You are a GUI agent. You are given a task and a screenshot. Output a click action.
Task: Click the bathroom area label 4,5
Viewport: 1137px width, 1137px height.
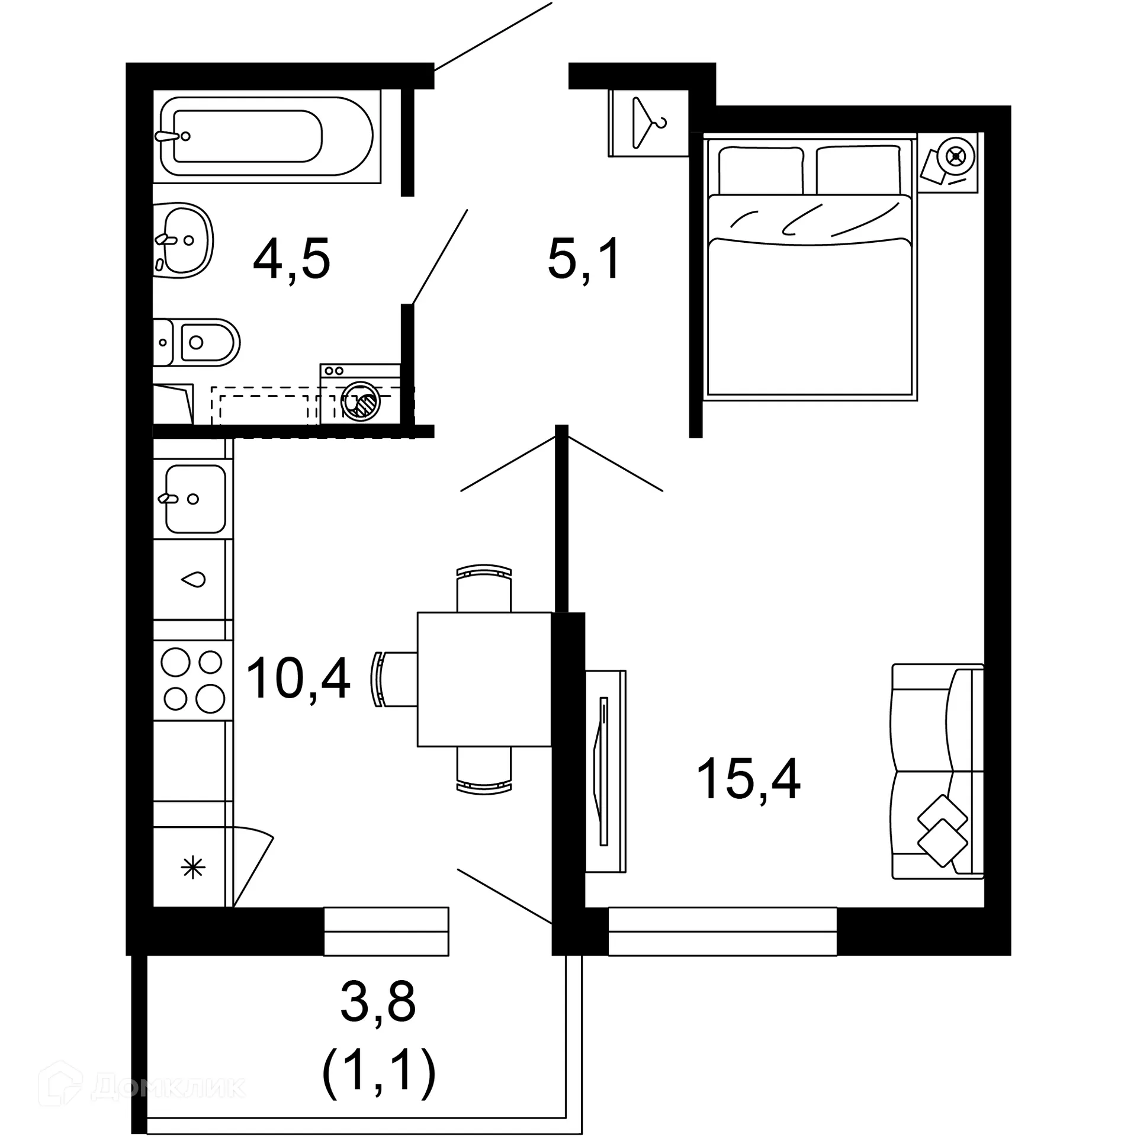[291, 259]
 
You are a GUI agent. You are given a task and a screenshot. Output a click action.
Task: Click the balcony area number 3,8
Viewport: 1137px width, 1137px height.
[378, 1001]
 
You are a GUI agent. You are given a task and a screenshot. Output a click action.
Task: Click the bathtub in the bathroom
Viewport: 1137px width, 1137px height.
[266, 136]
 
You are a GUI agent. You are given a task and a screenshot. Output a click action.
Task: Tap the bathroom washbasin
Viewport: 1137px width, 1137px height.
[184, 240]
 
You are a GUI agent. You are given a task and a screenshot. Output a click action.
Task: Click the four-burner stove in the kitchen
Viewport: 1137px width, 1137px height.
[193, 680]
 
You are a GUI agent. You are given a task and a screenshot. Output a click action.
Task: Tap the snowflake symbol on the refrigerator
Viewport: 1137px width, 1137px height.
[193, 869]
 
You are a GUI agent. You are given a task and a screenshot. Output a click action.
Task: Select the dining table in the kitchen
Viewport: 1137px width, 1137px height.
[484, 679]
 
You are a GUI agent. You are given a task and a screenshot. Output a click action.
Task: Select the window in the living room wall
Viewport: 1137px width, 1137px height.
[722, 931]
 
